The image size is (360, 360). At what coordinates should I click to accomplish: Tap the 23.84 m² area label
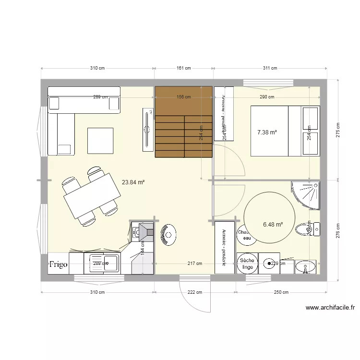133,182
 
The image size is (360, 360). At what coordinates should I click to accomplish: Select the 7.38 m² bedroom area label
267,132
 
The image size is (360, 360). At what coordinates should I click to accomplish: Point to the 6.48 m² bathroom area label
273,224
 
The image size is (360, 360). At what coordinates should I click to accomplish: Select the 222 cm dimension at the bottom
194,292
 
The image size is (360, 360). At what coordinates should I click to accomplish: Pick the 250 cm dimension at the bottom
281,292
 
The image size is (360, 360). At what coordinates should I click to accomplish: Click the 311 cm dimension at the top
270,68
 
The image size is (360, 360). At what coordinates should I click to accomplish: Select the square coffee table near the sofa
100,141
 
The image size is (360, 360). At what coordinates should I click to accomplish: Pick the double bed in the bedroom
285,131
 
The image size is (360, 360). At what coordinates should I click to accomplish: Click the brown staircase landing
183,101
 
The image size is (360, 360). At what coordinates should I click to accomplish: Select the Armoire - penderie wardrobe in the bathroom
225,247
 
